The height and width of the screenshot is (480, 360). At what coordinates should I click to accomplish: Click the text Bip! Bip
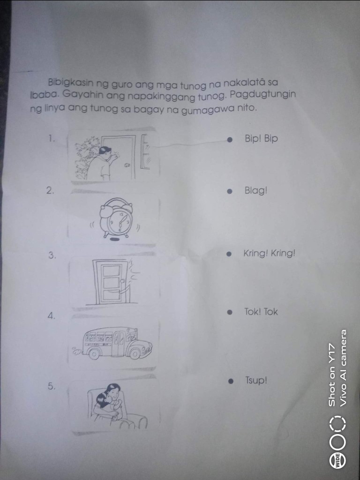[261, 139]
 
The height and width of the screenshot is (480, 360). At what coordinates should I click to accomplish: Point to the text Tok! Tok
[261, 312]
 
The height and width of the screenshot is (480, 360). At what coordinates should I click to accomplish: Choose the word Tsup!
[256, 381]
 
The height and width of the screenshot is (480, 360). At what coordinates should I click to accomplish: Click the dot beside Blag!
[230, 191]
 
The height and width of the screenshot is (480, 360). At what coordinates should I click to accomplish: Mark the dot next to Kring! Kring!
[229, 254]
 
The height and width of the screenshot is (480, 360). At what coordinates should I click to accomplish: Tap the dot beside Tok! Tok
[230, 313]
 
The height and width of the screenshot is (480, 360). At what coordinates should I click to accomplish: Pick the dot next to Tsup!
[232, 382]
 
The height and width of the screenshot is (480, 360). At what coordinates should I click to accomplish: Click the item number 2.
[50, 191]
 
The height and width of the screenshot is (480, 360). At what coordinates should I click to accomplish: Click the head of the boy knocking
[105, 151]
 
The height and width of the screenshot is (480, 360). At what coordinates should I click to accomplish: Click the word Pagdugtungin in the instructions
[263, 94]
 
